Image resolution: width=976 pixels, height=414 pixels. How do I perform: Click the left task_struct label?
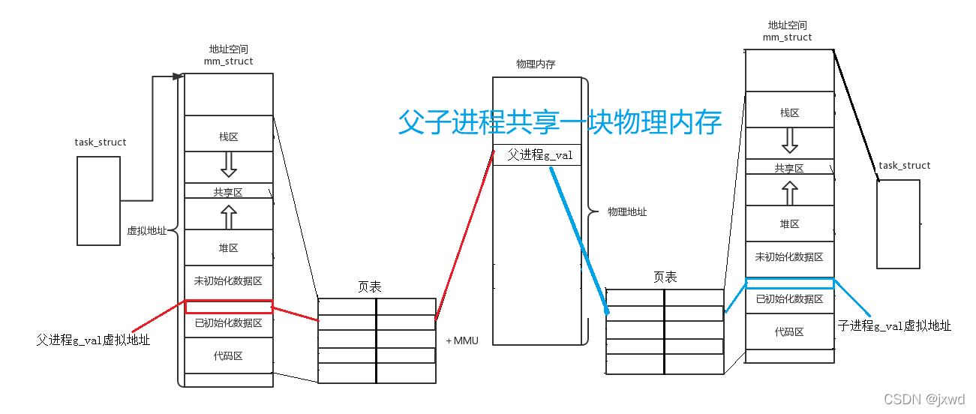(x=101, y=142)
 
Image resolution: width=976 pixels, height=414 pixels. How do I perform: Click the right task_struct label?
(x=904, y=166)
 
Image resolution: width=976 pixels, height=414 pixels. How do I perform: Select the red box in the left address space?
(x=229, y=307)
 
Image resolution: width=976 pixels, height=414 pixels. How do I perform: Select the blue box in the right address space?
(x=789, y=283)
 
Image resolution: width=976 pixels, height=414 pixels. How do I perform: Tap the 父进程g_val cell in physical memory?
(x=536, y=154)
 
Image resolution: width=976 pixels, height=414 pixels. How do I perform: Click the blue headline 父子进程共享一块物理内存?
(x=560, y=122)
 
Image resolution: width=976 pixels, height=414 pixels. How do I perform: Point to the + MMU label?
(x=462, y=340)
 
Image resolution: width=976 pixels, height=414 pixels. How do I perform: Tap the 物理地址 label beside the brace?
(x=627, y=212)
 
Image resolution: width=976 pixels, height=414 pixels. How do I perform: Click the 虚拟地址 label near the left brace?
(x=146, y=231)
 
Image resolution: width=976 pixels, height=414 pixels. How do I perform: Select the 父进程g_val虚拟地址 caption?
(x=93, y=340)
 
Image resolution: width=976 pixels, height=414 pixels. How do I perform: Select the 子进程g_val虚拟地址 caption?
(x=894, y=325)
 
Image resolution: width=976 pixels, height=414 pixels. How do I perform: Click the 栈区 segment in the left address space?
(x=228, y=137)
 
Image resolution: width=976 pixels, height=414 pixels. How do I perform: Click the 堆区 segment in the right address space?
(x=789, y=223)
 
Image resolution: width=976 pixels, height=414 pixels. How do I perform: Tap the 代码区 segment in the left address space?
(x=228, y=355)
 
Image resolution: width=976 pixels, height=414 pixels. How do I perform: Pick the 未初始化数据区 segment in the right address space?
(x=789, y=256)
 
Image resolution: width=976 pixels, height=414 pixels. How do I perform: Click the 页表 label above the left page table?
(x=369, y=286)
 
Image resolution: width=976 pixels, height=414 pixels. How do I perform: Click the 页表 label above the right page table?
(x=665, y=277)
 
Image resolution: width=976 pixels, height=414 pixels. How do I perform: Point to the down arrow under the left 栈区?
(x=229, y=164)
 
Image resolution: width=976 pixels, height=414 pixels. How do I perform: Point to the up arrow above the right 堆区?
(x=789, y=193)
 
